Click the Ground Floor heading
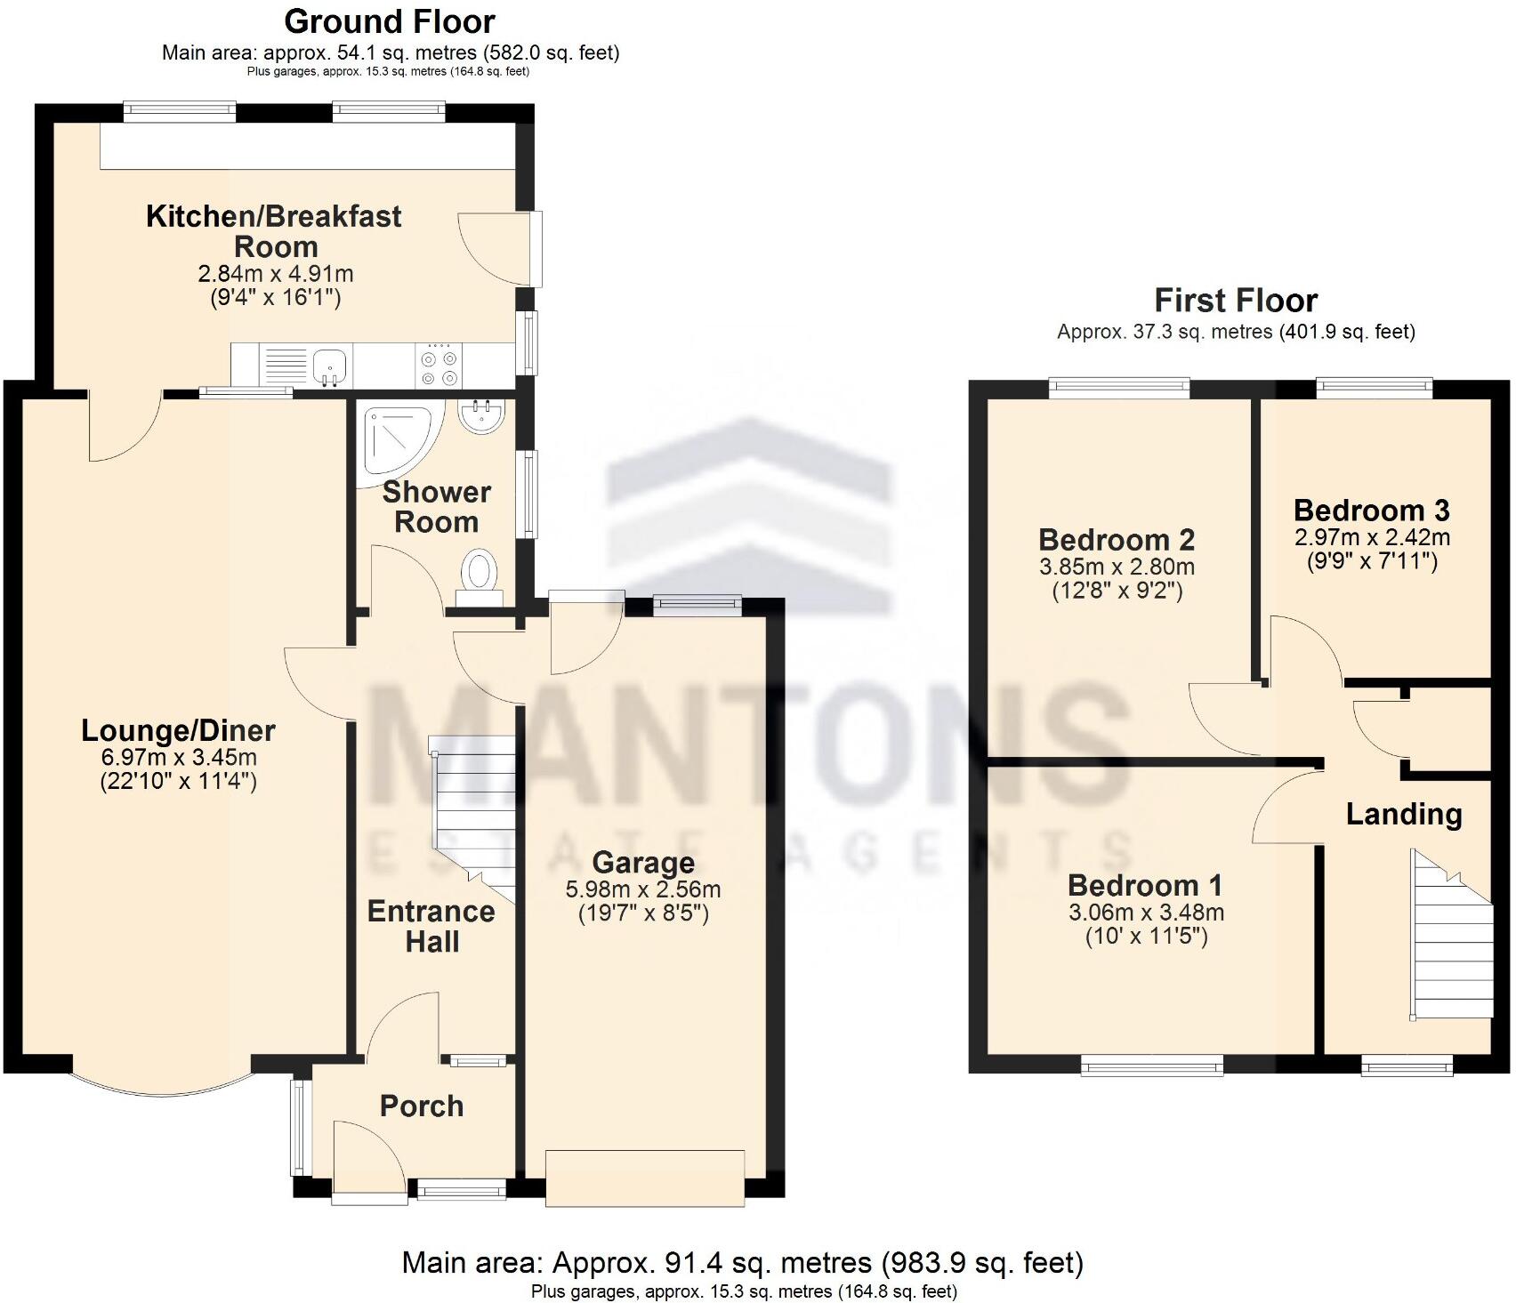(x=389, y=21)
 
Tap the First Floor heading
(x=1235, y=301)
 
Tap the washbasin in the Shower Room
(x=482, y=417)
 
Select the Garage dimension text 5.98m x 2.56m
(x=642, y=889)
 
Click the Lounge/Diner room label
(x=178, y=731)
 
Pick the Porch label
(x=422, y=1106)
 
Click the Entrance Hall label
(x=431, y=926)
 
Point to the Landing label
(x=1403, y=814)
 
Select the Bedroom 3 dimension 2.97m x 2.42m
(x=1371, y=537)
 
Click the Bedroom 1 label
(x=1144, y=885)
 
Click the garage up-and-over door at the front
(x=644, y=1178)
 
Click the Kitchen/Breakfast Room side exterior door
(x=536, y=249)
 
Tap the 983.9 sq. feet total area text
(x=982, y=1262)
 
